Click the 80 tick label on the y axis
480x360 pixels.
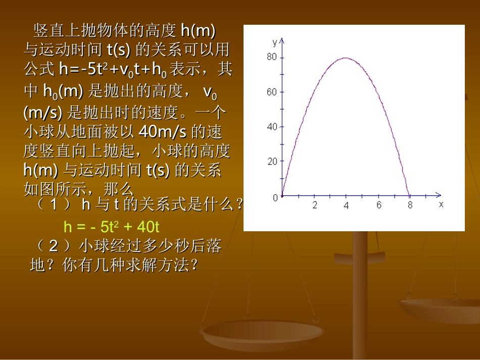pos(272,57)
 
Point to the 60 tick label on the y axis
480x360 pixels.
pos(272,92)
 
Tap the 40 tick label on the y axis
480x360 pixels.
pos(272,127)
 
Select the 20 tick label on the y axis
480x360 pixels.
pos(272,162)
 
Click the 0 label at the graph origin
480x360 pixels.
pos(275,197)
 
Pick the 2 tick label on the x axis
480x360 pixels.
pos(314,205)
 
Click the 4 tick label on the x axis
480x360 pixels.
pos(346,205)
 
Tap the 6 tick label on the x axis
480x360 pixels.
pos(379,205)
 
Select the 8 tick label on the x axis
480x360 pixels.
pos(410,205)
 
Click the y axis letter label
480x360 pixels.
pos(274,41)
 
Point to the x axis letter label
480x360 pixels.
pos(441,204)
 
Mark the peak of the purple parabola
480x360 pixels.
pos(346,58)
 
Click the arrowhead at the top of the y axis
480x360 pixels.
pos(281,39)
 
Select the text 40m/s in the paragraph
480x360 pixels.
pos(162,132)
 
